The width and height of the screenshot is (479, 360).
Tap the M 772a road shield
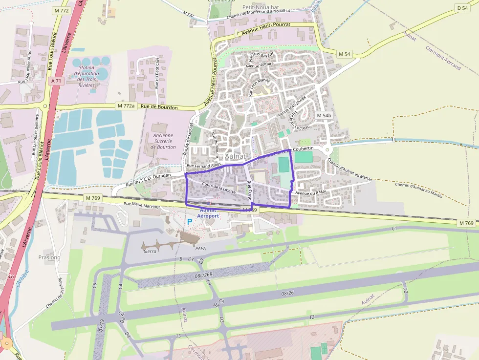[126, 106]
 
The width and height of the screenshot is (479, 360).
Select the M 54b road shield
[324, 116]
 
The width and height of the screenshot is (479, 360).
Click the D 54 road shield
[462, 8]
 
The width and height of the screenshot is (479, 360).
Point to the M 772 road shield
[62, 10]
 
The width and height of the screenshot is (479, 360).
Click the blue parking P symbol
[190, 222]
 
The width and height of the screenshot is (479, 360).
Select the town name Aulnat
[237, 156]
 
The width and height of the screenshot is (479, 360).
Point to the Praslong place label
[49, 257]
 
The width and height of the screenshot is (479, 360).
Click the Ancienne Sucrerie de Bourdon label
[163, 141]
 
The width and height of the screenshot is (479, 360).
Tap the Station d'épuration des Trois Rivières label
[87, 76]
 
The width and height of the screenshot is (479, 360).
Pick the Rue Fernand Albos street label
[204, 167]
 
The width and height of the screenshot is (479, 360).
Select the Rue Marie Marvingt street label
[142, 205]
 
